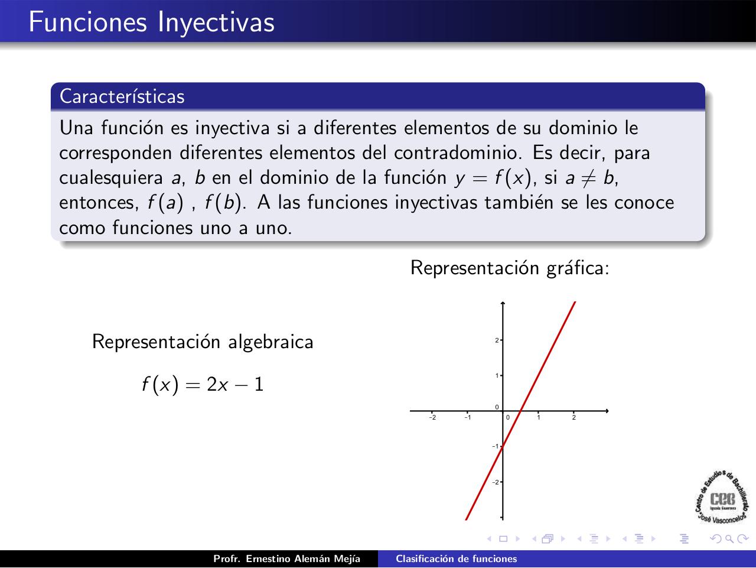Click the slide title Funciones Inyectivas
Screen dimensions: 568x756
point(151,22)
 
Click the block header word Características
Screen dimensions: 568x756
point(122,96)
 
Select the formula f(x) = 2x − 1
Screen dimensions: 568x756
point(203,385)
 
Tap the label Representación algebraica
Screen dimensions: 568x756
point(203,342)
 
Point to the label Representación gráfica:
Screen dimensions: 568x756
point(510,268)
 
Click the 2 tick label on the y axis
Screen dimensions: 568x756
point(497,340)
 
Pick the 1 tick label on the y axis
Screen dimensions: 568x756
point(497,376)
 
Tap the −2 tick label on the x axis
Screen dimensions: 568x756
point(432,418)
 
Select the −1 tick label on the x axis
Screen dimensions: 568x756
point(467,418)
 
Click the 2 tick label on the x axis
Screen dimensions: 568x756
point(574,418)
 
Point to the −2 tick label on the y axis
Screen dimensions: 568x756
point(496,482)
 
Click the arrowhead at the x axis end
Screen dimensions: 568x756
point(606,410)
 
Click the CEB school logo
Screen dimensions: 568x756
point(722,498)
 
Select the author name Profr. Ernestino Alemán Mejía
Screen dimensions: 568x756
point(286,559)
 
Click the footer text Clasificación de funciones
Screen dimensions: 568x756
point(456,559)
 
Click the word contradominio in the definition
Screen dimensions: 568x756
point(458,152)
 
